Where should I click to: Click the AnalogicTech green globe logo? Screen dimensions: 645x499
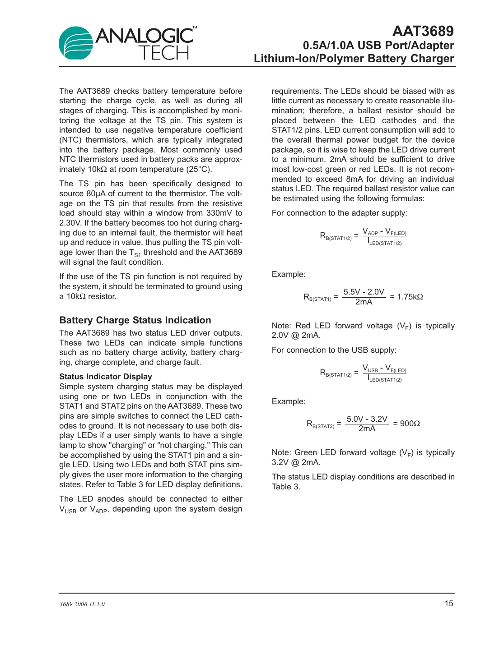point(76,43)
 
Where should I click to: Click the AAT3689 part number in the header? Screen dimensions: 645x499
point(423,31)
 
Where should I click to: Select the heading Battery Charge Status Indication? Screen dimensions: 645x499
point(135,320)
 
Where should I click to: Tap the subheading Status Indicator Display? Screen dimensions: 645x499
point(106,377)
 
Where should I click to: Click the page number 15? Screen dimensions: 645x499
point(448,604)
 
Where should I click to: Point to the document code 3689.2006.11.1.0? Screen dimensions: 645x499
point(82,604)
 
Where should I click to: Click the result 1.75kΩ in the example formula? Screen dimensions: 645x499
point(410,297)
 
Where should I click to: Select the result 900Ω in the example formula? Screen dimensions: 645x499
point(410,424)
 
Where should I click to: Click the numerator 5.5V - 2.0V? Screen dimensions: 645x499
point(364,292)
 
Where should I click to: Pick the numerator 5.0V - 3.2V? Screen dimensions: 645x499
point(367,419)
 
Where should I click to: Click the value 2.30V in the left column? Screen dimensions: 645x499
point(70,223)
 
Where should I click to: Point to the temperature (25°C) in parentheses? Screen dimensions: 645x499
point(199,170)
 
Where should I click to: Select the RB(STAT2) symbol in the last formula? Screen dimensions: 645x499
point(320,424)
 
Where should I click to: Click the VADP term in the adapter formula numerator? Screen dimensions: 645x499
point(370,232)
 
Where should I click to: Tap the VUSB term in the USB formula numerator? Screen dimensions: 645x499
point(370,369)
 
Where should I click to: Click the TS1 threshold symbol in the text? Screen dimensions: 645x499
point(135,253)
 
